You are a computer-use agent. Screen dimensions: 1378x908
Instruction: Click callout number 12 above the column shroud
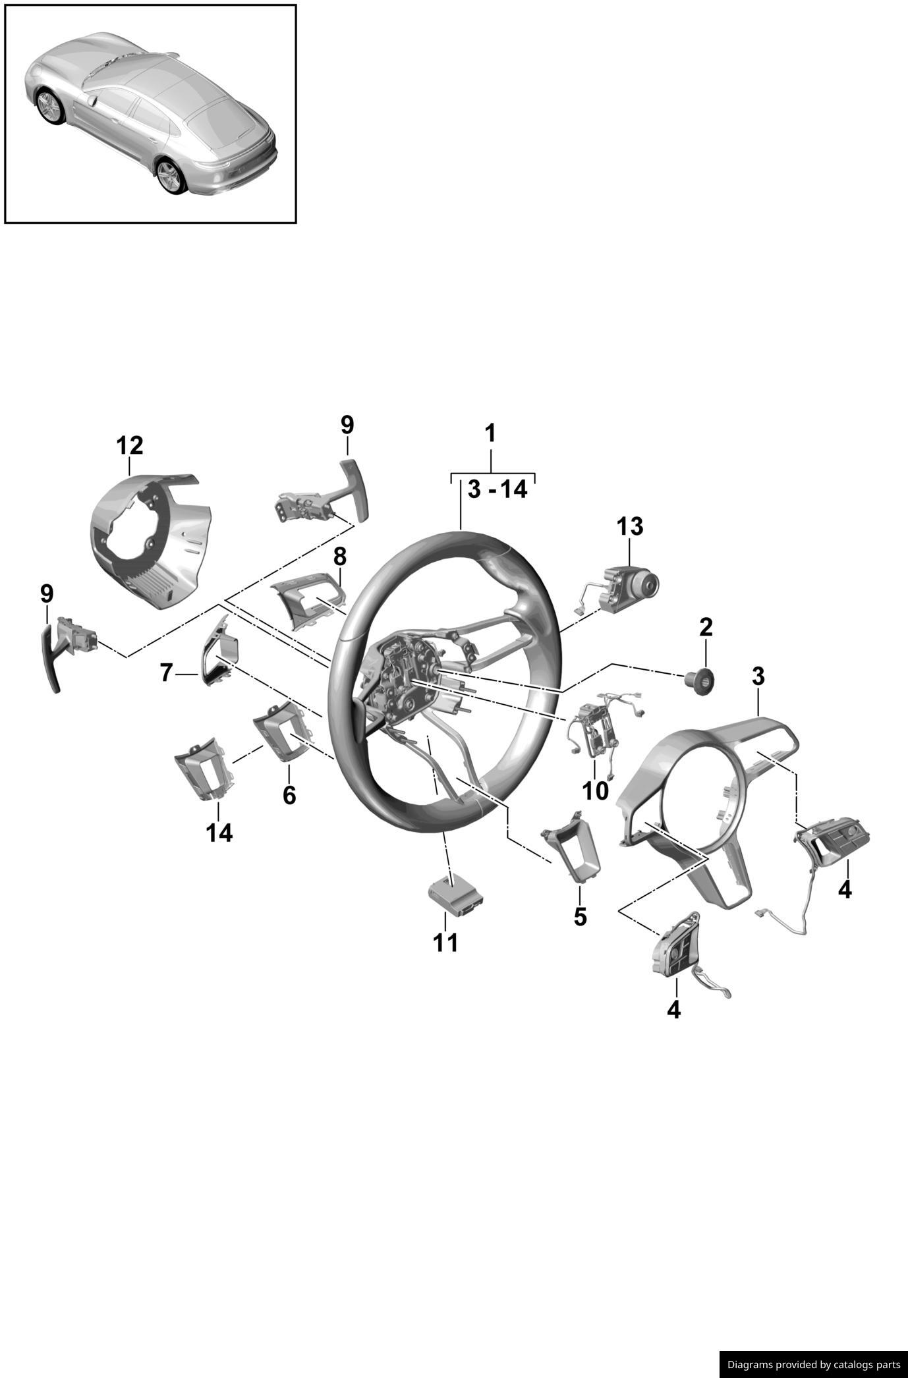(129, 446)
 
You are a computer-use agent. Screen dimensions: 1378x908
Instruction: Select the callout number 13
(630, 526)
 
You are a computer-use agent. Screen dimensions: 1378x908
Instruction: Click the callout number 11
(445, 943)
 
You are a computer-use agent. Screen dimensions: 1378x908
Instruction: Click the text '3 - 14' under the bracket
(497, 489)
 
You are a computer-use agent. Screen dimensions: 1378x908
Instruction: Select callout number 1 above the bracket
(490, 433)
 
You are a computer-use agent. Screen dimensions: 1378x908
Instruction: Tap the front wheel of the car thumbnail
(50, 107)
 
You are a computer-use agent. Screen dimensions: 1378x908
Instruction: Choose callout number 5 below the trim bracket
(580, 916)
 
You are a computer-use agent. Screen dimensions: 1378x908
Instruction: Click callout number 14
(219, 833)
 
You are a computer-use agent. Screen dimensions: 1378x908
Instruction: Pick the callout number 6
(289, 795)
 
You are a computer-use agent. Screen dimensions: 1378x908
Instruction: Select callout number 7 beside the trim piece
(166, 673)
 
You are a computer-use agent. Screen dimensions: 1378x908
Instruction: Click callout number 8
(339, 557)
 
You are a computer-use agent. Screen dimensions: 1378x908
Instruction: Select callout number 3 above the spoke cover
(758, 676)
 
